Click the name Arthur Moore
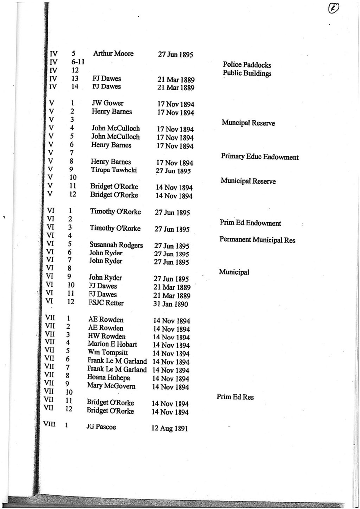pos(113,54)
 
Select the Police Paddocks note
pos(247,65)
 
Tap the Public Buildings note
pos(247,73)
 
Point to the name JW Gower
pos(108,103)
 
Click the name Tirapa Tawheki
pos(114,170)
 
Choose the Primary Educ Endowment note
pos(260,157)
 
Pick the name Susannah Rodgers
pos(116,245)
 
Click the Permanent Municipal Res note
pos(257,240)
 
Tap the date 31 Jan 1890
pos(171,304)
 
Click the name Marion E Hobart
pos(112,344)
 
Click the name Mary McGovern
pos(111,385)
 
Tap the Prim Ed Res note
pos(235,397)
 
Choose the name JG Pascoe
pos(101,427)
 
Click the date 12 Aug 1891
pos(170,428)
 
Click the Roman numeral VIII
pos(50,425)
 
